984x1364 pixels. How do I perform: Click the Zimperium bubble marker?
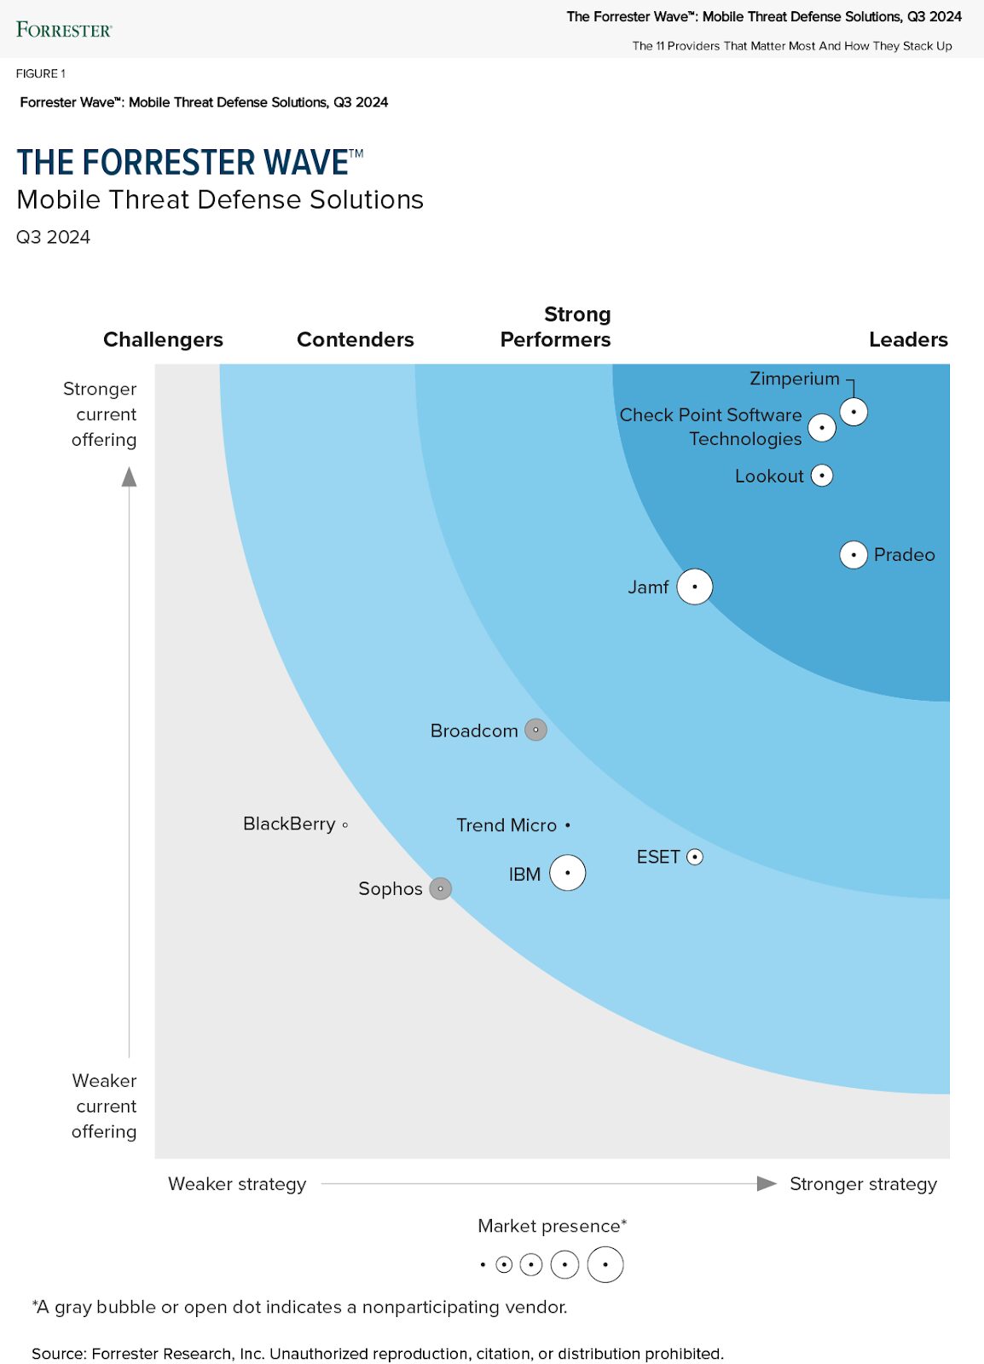pos(854,412)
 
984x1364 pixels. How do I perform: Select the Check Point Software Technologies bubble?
pos(822,427)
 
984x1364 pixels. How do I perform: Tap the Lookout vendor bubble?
pos(822,476)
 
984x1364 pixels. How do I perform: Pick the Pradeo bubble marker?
pos(854,555)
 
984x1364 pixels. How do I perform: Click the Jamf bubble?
pos(695,587)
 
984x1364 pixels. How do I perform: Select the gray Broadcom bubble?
pos(535,730)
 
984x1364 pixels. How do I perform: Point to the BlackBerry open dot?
pos(345,824)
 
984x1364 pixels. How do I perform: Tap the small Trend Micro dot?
pos(568,825)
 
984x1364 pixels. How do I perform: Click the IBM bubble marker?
pos(568,873)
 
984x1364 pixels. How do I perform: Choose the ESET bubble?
pos(695,857)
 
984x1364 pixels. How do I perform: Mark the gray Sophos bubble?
pos(440,888)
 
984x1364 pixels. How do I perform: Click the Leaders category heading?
pos(908,339)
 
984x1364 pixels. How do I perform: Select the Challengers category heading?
pos(163,339)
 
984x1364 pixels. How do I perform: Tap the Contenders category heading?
pos(355,339)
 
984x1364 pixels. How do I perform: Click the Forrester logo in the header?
pos(64,30)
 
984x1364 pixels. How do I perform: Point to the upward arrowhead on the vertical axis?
pos(130,477)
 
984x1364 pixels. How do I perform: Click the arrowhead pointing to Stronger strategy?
pos(767,1183)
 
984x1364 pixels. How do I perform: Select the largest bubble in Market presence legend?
pos(605,1264)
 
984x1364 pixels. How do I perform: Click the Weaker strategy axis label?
pos(237,1183)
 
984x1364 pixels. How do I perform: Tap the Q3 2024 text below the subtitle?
pos(53,237)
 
